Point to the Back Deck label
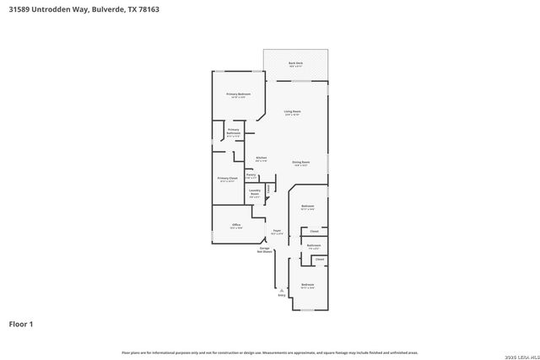click(295, 63)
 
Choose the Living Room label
click(293, 111)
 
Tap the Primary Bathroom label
click(234, 132)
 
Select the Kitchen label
click(262, 158)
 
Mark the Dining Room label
click(300, 162)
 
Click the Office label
click(236, 225)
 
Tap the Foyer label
click(276, 230)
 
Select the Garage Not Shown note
click(264, 250)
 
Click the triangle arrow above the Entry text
click(282, 289)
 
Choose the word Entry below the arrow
click(282, 295)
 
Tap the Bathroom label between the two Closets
click(313, 245)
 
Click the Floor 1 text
click(21, 323)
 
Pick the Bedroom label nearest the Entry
click(308, 285)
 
